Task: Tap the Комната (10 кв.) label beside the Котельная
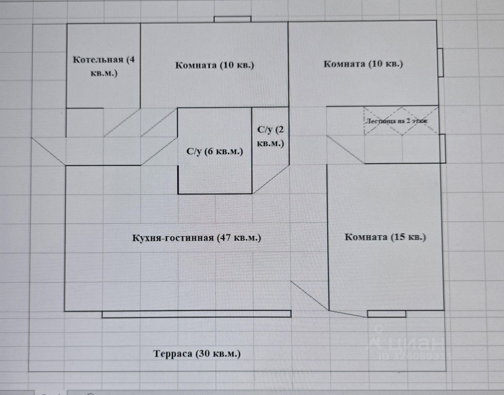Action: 215,65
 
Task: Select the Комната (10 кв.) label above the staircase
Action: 363,64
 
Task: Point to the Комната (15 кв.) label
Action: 385,237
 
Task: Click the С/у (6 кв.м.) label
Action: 215,151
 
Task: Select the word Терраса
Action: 173,353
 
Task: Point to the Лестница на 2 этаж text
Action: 397,121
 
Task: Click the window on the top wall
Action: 232,19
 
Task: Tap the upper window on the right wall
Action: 441,63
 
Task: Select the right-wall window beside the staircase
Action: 442,149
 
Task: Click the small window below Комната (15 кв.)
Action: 386,314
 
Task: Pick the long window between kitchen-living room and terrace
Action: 196,314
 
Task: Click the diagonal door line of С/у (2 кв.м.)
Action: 271,179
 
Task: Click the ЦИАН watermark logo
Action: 409,344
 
